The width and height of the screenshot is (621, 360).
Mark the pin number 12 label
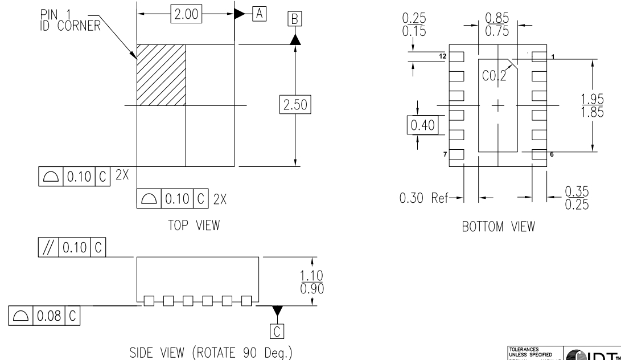click(x=442, y=56)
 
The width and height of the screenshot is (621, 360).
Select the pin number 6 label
click(x=551, y=154)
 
